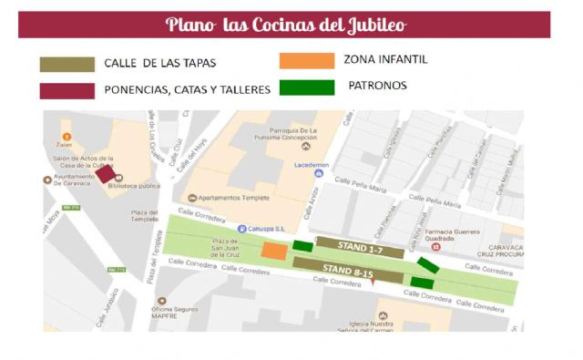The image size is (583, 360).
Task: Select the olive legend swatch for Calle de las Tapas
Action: [66, 65]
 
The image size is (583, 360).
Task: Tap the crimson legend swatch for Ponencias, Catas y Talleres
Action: [66, 90]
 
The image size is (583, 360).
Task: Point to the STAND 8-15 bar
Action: [347, 270]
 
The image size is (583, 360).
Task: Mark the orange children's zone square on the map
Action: [273, 251]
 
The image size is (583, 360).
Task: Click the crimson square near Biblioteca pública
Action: [106, 174]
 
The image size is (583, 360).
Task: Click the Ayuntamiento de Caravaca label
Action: [69, 180]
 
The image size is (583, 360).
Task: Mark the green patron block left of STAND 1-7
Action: [302, 245]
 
